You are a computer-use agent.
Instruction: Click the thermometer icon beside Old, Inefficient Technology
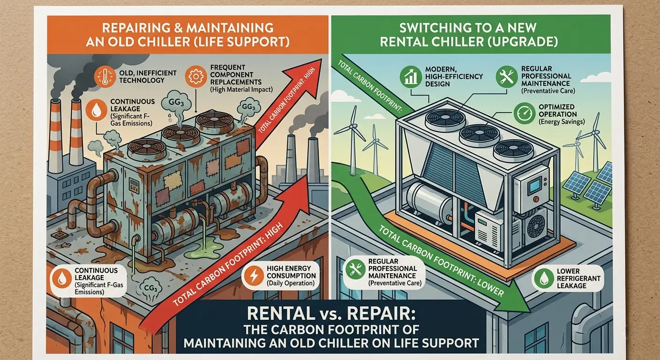[103, 76]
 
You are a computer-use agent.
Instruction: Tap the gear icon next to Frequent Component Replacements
[194, 76]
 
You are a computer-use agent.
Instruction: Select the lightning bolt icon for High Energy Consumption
[253, 276]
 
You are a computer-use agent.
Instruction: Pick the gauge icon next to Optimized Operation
[522, 113]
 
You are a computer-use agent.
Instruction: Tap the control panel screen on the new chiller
[535, 187]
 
